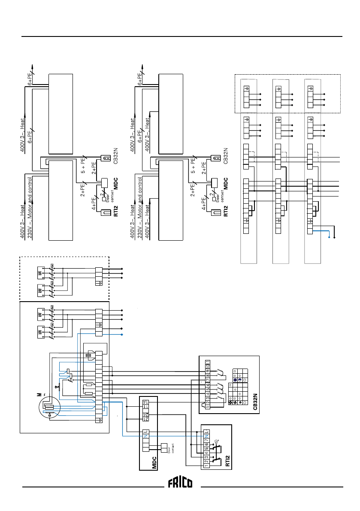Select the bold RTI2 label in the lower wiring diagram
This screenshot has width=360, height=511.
coord(227,461)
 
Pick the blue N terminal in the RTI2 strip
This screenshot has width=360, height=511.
coord(206,436)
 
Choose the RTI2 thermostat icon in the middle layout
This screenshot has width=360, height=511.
coord(216,213)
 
